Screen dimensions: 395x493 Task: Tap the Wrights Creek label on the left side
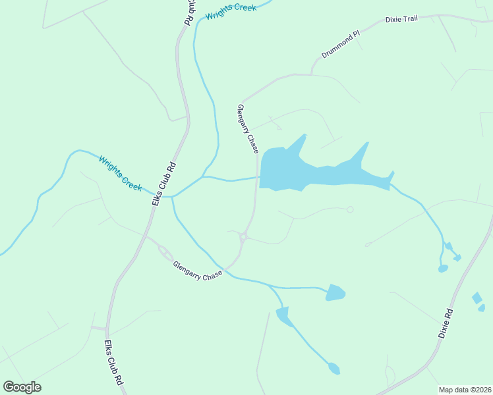[x=121, y=173]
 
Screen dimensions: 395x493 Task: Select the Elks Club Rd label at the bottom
[x=113, y=363]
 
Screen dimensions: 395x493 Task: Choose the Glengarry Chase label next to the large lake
[x=248, y=129]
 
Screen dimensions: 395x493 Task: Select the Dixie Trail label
[x=401, y=20]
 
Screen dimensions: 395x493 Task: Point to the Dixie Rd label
[x=446, y=323]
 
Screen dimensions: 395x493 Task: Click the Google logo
[x=22, y=387]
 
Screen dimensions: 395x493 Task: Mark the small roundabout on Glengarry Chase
[x=243, y=237]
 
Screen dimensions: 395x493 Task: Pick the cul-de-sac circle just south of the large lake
[x=350, y=209]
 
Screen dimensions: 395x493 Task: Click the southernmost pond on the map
[x=334, y=369]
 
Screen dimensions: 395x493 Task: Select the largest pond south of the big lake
[x=335, y=292]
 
